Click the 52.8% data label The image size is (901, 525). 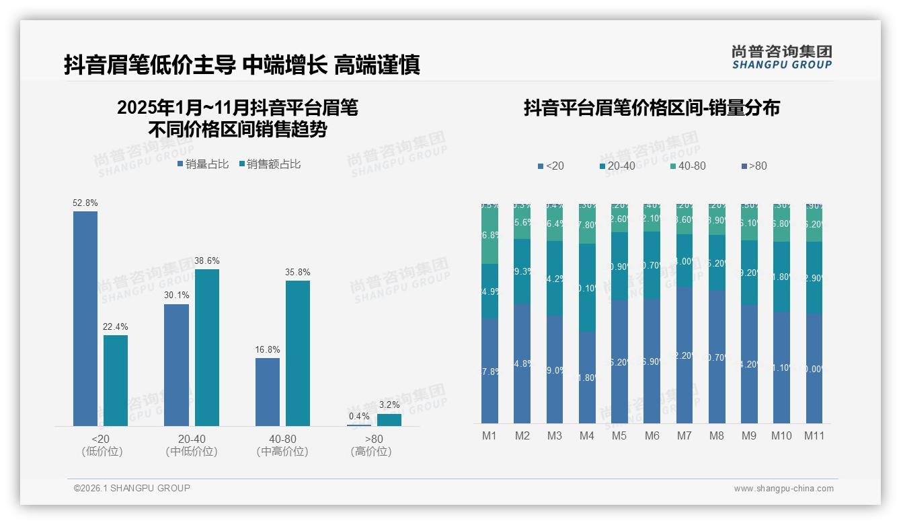click(85, 203)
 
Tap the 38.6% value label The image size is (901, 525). click(207, 260)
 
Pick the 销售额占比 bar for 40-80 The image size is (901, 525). click(298, 353)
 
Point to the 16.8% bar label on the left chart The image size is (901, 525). click(268, 349)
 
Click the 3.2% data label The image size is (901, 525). click(389, 405)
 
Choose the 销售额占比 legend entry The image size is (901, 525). click(270, 164)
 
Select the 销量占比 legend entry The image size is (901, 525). click(203, 164)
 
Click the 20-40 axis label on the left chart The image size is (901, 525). click(192, 439)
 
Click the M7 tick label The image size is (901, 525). click(684, 435)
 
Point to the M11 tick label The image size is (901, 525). click(814, 435)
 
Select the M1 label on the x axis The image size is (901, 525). click(489, 435)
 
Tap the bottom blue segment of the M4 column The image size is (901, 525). click(587, 377)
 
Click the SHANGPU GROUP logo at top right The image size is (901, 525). click(781, 57)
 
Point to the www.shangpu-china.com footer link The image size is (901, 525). click(783, 489)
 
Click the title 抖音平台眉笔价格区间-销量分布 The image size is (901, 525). click(652, 108)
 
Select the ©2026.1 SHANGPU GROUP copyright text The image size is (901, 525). click(132, 488)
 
